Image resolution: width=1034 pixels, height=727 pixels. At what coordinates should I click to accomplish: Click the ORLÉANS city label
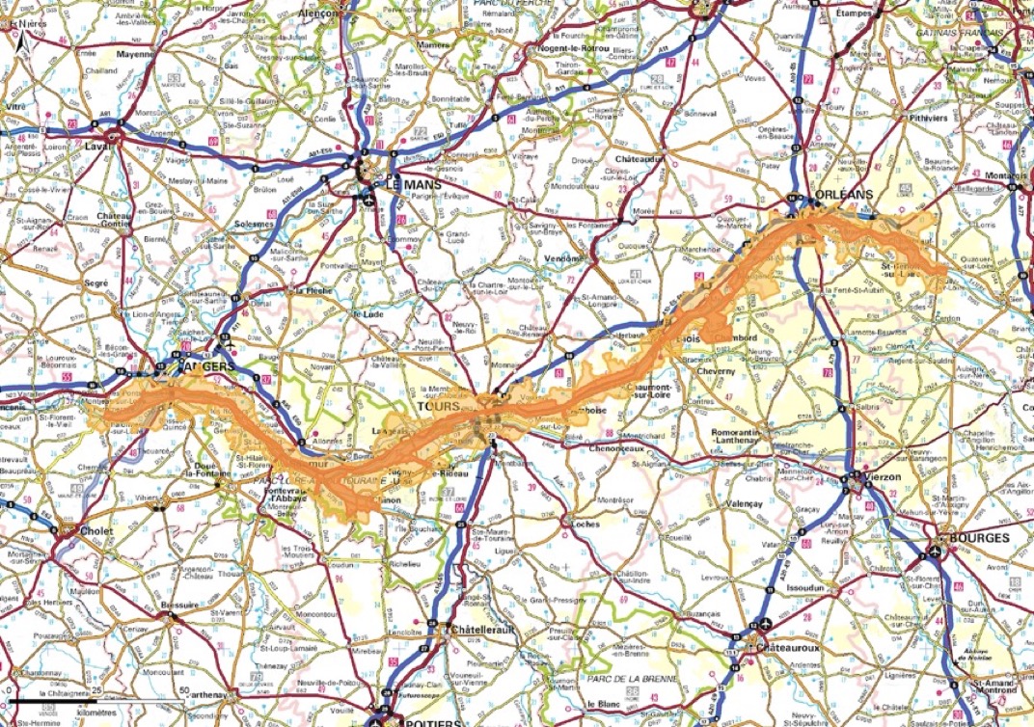pos(844,194)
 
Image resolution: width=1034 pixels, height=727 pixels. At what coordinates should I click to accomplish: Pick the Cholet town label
pos(96,531)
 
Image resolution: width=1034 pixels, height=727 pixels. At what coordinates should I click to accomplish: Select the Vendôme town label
pos(564,258)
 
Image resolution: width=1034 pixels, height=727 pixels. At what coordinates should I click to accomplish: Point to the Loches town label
pos(585,524)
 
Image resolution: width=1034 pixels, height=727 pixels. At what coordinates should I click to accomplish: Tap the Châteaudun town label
pos(640,158)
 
